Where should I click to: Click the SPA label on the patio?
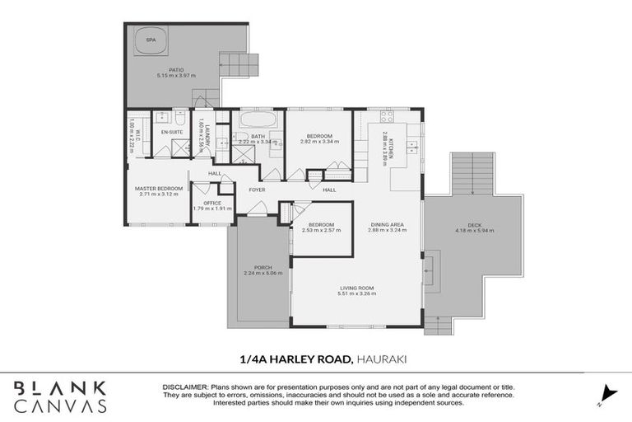coord(151,39)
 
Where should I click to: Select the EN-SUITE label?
coord(171,132)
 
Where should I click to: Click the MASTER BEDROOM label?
coord(158,189)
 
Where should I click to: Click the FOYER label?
coord(256,190)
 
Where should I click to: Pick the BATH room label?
coord(258,136)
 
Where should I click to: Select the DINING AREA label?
coord(385,224)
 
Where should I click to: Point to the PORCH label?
coord(263,268)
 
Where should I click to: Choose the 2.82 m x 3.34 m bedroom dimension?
coord(318,142)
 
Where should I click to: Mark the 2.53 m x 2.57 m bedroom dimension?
coord(321,230)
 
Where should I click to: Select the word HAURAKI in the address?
coord(382,358)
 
